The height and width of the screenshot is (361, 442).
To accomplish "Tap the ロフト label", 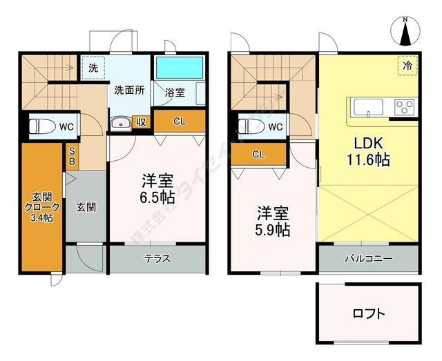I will [x=368, y=314].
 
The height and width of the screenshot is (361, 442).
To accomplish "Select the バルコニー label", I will [x=369, y=260].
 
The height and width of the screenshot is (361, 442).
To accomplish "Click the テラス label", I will [x=157, y=260].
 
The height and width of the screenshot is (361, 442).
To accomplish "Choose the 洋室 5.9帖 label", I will [x=273, y=222].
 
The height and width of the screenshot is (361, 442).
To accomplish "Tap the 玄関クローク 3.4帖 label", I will [x=37, y=206].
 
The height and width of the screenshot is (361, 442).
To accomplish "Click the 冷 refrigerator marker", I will [x=407, y=66].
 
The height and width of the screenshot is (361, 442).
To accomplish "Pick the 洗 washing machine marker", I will [x=93, y=68].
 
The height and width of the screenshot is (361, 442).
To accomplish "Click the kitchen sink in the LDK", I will [x=368, y=108].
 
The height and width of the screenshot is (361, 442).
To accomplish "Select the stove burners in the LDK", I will [x=403, y=108].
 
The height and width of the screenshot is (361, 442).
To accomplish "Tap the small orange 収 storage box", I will [x=140, y=123].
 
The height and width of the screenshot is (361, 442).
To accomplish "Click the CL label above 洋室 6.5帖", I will [x=179, y=122].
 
